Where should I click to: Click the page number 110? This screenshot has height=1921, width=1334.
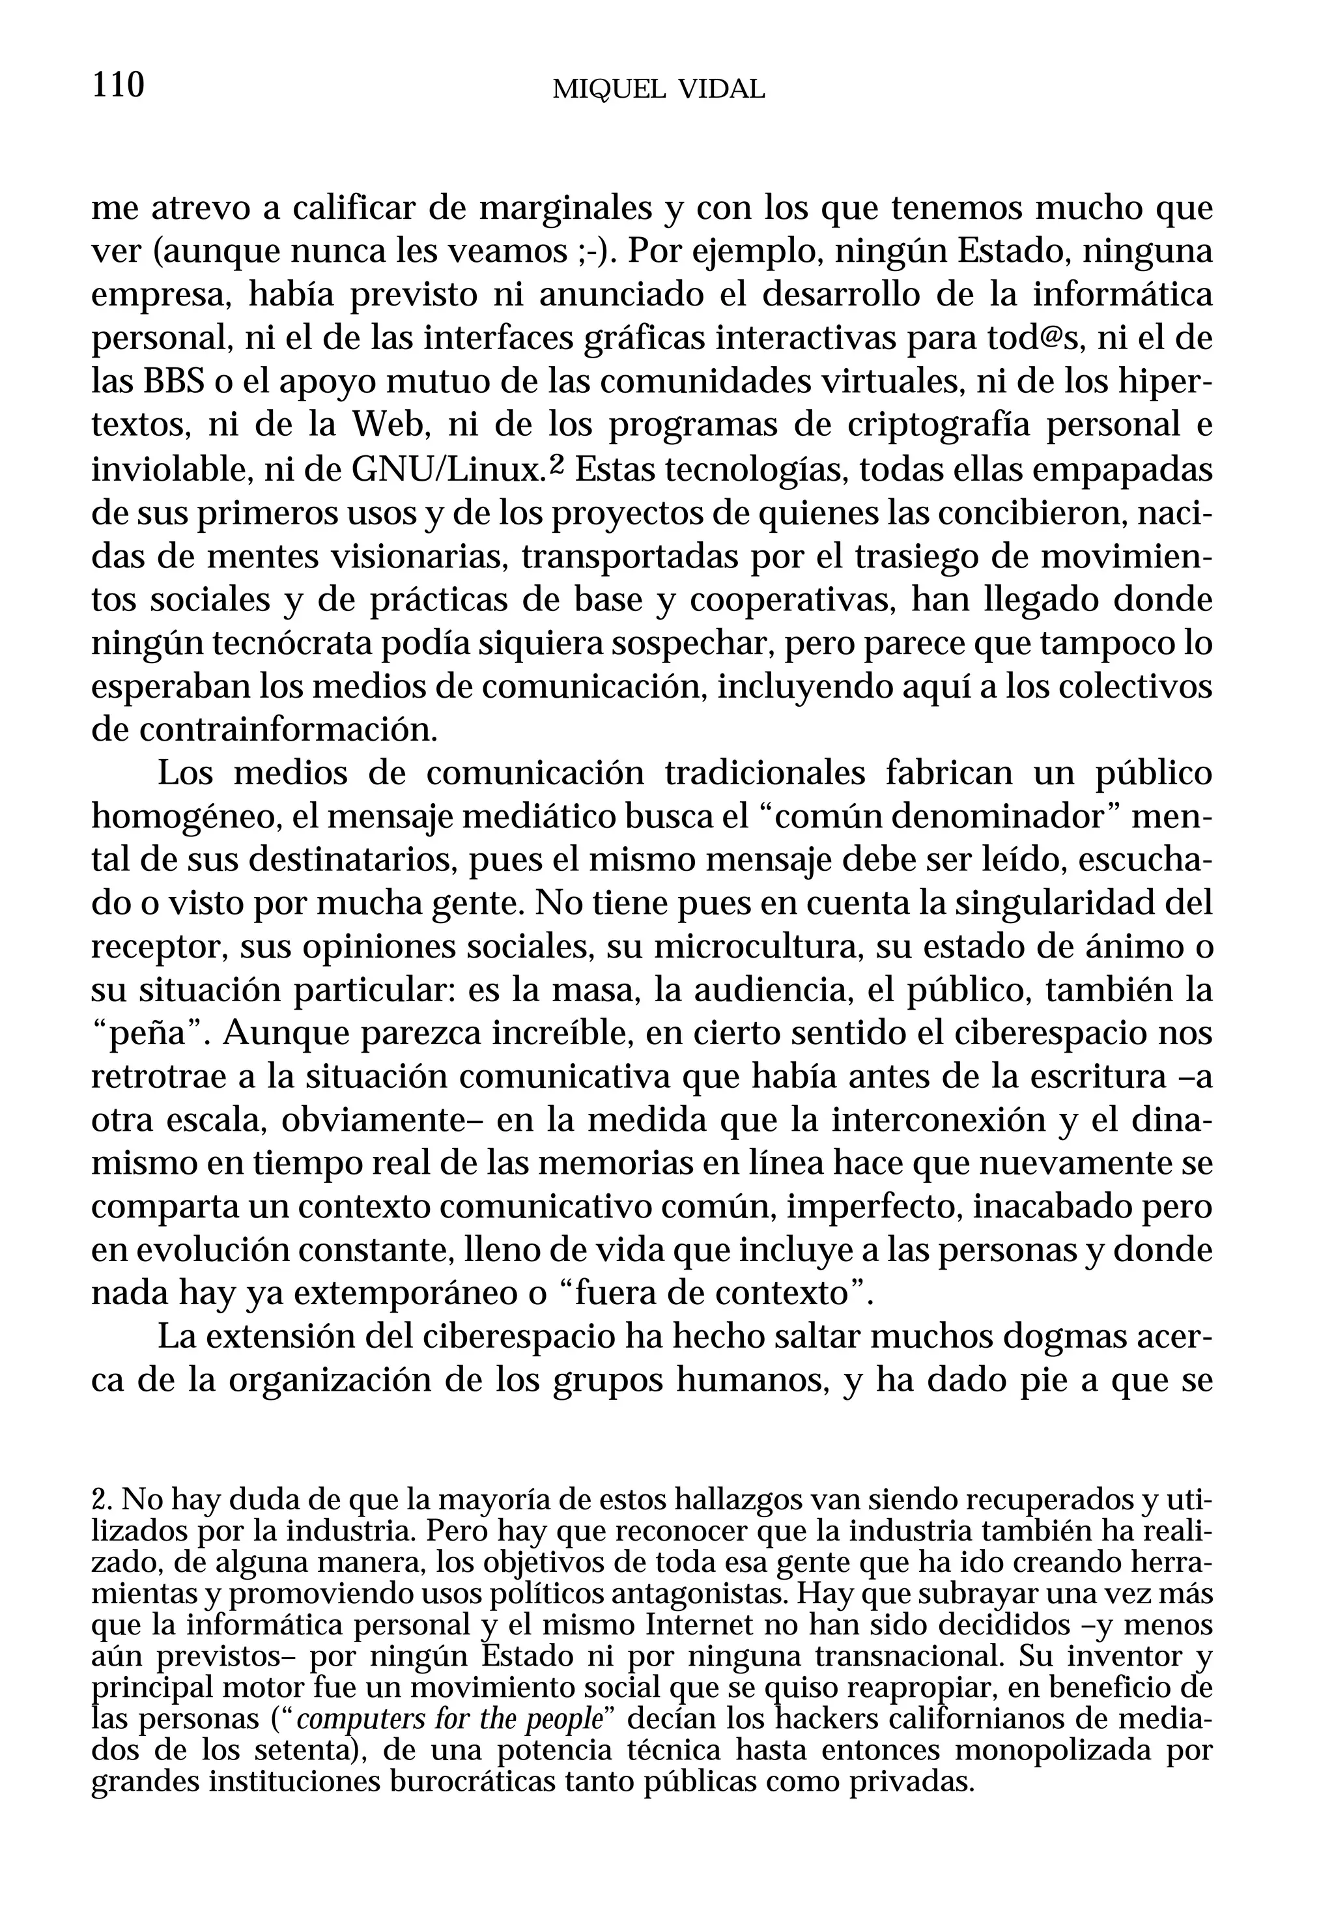118,85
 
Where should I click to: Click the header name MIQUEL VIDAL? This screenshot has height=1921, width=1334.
659,89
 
